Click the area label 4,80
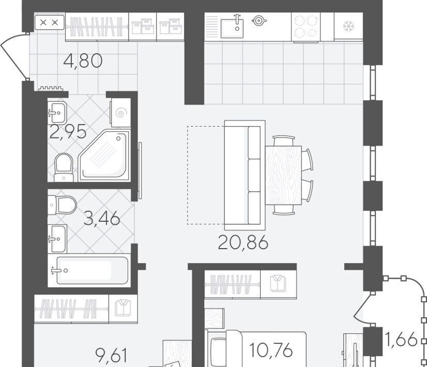tap(83, 60)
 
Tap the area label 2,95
tap(68, 132)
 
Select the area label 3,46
tap(102, 218)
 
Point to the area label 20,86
tap(243, 242)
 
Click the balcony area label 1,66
tap(401, 339)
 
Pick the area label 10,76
tap(271, 350)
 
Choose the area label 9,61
tap(112, 356)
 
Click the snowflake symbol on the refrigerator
tap(348, 26)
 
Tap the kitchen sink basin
tap(232, 28)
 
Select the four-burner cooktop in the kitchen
tap(306, 27)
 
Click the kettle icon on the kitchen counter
tap(258, 21)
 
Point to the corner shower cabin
tap(104, 156)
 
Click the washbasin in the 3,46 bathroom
tap(57, 239)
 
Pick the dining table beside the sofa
tap(283, 175)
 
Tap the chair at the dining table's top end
tap(284, 141)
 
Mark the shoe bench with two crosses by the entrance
tap(50, 22)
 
